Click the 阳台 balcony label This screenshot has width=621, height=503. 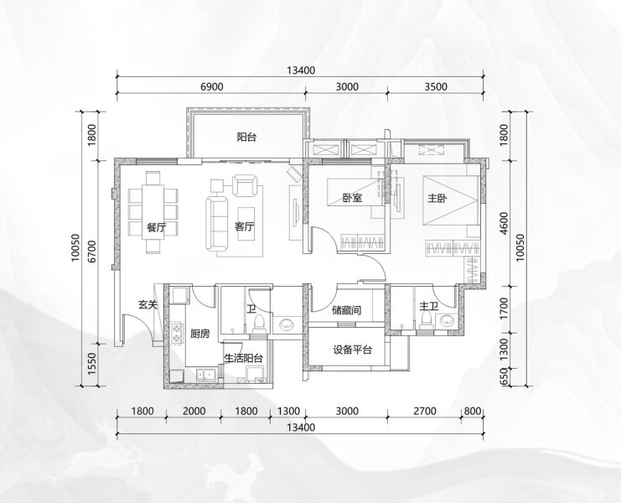246,137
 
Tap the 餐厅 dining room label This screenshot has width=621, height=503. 156,227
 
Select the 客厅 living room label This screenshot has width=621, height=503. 245,227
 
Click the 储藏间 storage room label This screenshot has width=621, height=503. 347,309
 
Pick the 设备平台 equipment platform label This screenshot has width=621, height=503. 352,350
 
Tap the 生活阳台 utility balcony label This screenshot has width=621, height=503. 244,359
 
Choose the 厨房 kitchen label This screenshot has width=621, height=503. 200,334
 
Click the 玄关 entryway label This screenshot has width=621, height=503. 147,304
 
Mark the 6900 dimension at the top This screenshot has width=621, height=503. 212,86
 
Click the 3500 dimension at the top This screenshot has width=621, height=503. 436,86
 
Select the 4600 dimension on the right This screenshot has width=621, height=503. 504,223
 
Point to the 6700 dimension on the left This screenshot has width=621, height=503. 92,251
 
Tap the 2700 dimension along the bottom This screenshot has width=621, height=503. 425,411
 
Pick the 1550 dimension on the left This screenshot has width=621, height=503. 92,365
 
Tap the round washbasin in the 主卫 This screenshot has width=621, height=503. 448,320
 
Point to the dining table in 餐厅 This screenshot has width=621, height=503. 153,211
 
